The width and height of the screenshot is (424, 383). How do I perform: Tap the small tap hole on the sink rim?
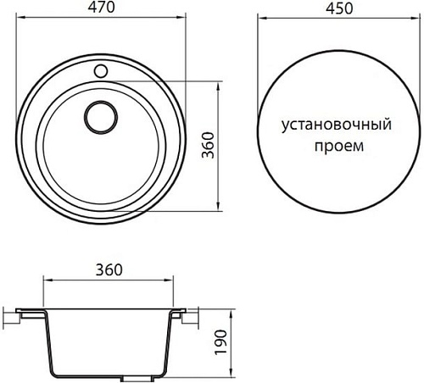pos(103,68)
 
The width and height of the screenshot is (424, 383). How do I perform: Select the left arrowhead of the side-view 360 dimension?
pos(44,280)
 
